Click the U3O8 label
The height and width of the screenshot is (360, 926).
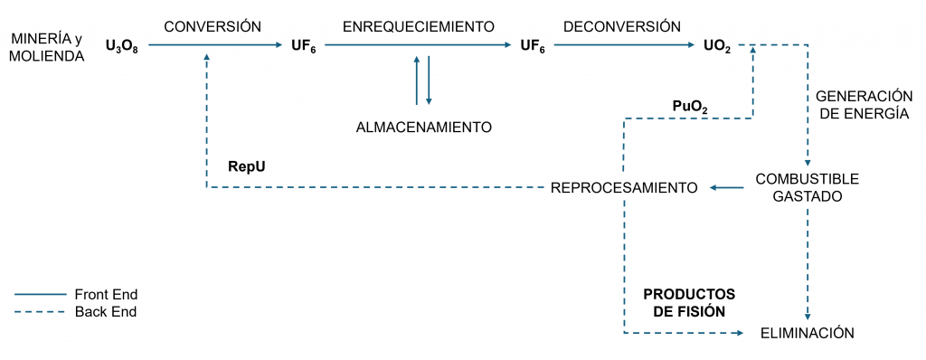(122, 44)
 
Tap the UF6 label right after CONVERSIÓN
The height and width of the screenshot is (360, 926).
(303, 44)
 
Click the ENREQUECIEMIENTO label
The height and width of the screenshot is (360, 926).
(419, 26)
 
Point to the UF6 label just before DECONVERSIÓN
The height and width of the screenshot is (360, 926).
(533, 44)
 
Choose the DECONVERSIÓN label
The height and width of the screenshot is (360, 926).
(622, 26)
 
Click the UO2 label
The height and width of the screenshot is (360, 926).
(717, 44)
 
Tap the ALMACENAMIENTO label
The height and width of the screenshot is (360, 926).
(424, 127)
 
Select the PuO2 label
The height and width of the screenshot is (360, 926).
(690, 107)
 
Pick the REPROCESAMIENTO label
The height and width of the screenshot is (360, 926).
(624, 187)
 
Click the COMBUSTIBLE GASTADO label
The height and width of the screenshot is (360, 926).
(808, 187)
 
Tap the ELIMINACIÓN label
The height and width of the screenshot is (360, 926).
(808, 333)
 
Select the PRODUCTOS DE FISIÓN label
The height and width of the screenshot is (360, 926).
(689, 303)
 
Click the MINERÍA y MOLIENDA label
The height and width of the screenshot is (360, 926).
(45, 48)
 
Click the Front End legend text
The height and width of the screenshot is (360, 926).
(106, 294)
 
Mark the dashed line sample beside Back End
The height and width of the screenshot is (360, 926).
(41, 312)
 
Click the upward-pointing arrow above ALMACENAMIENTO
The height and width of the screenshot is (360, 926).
(416, 80)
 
